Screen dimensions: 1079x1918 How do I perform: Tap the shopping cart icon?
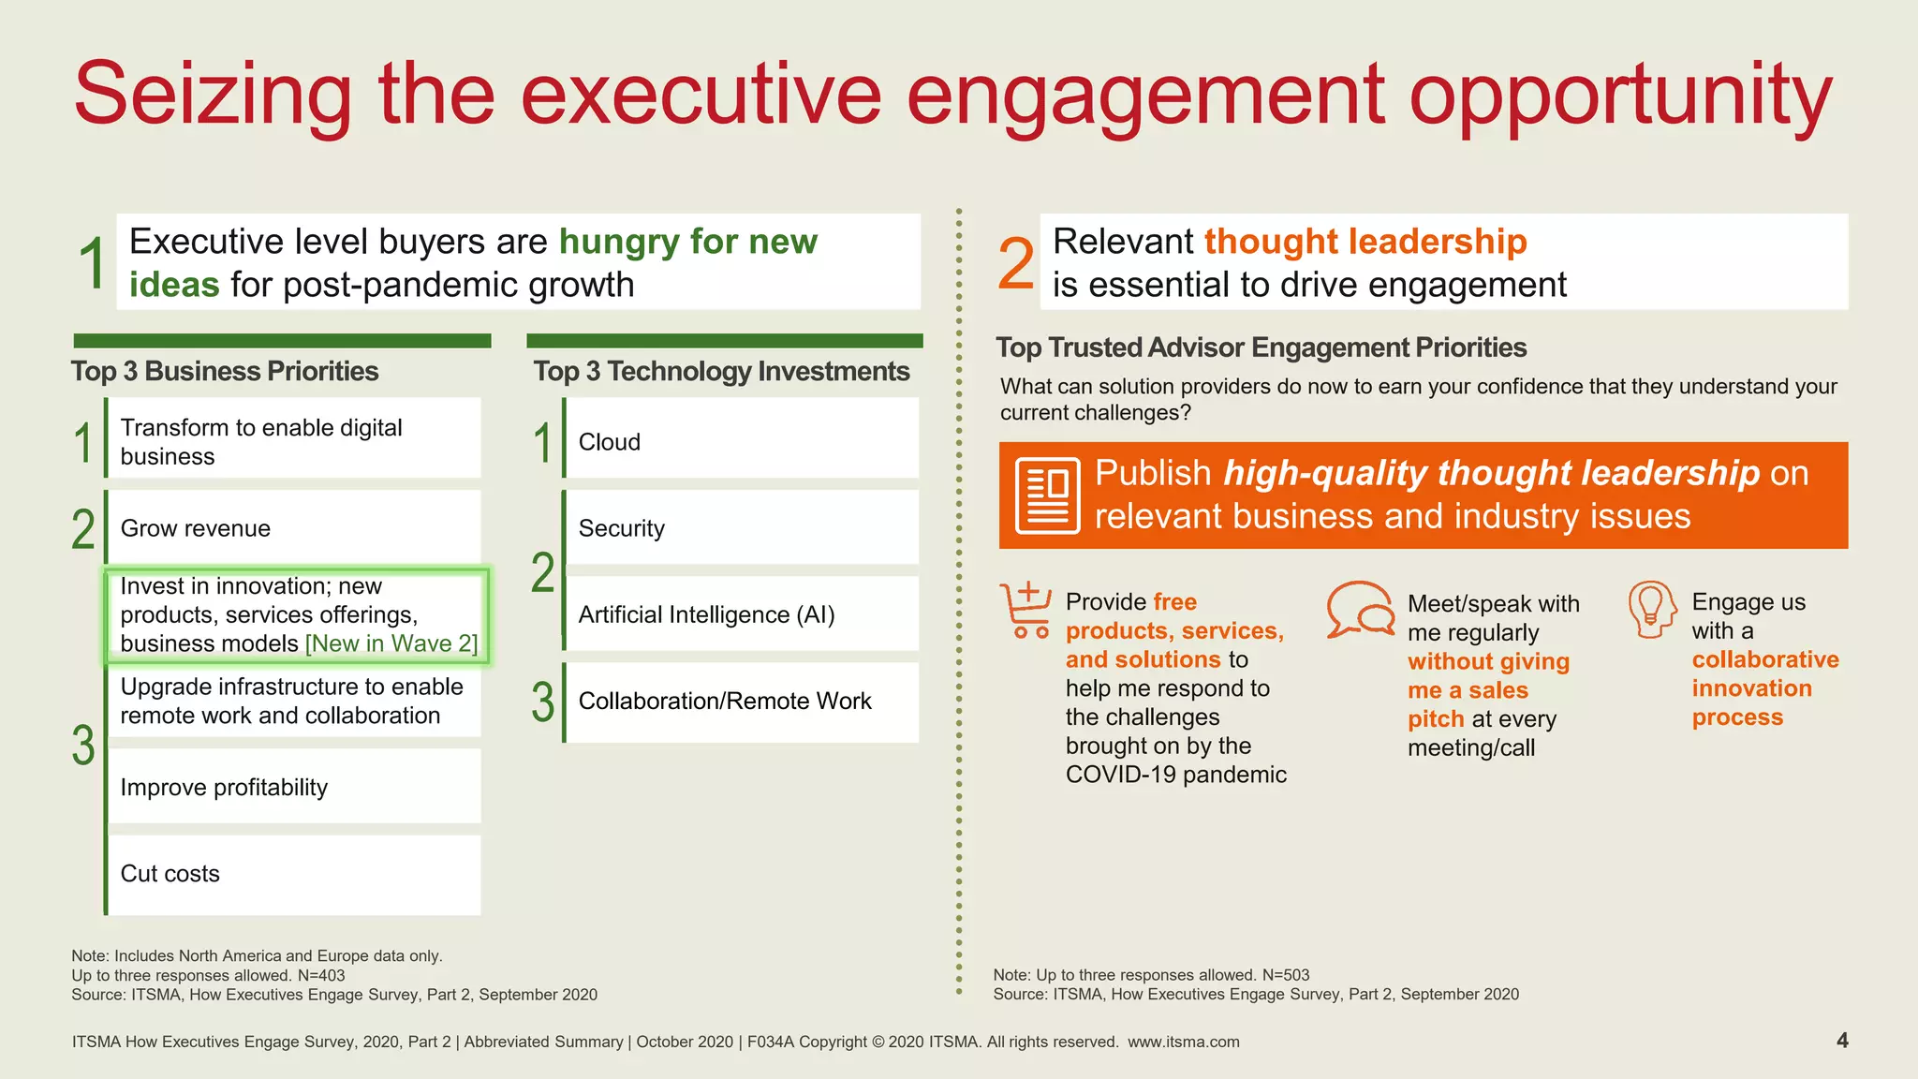click(x=1025, y=610)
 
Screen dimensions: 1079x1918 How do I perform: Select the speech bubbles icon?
click(x=1361, y=610)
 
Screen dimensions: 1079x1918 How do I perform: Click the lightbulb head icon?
click(x=1651, y=610)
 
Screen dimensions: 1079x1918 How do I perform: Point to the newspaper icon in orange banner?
click(x=1048, y=495)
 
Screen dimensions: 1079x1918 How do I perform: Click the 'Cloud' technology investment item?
click(x=610, y=442)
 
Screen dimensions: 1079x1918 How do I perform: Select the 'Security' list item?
click(x=622, y=528)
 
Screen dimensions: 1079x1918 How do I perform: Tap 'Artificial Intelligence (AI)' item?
click(x=706, y=614)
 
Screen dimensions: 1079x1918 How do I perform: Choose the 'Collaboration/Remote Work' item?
click(x=725, y=701)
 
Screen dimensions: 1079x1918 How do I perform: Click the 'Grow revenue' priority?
click(x=196, y=528)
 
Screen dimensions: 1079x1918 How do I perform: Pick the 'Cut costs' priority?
click(x=170, y=874)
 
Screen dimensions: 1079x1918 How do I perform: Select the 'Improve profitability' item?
click(x=224, y=788)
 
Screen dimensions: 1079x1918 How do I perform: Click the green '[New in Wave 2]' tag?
click(x=391, y=644)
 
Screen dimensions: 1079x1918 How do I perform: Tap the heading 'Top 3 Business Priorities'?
click(x=225, y=371)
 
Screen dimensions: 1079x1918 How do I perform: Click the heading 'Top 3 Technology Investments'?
click(x=721, y=371)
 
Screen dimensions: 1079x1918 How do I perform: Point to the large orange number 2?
click(x=1016, y=264)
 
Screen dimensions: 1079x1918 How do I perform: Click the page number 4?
click(x=1842, y=1041)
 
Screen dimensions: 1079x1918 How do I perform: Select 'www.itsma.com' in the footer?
click(x=1183, y=1042)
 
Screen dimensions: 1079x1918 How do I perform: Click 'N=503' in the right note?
click(x=1285, y=975)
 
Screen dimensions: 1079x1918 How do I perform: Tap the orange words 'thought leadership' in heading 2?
click(x=1365, y=242)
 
